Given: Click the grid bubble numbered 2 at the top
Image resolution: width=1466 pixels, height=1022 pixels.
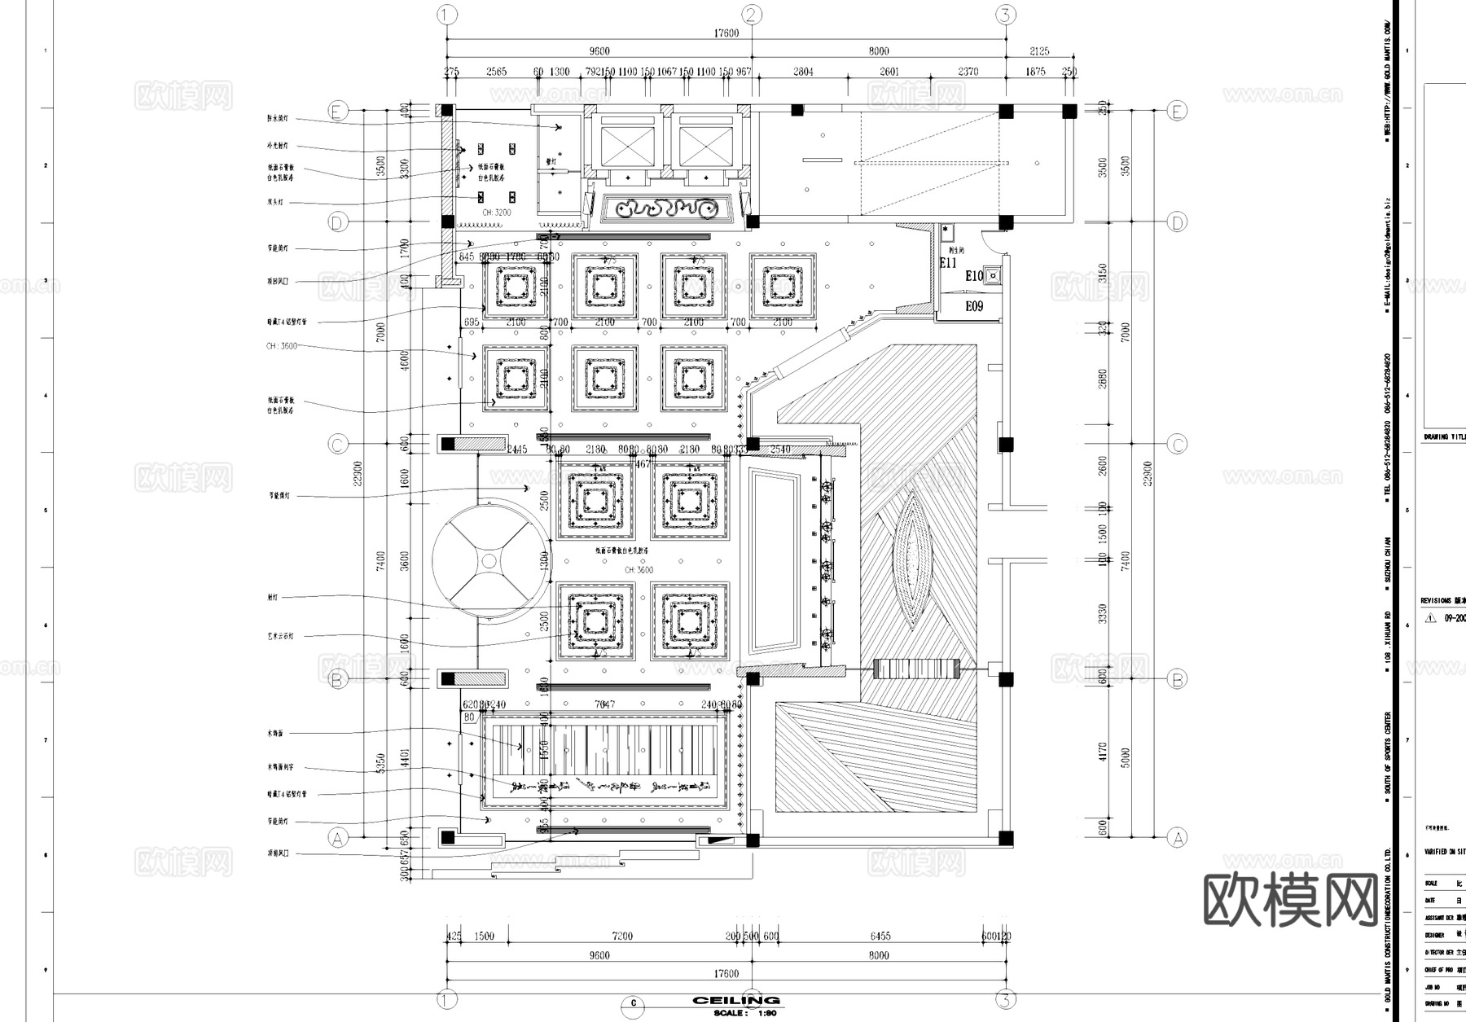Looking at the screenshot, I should (x=752, y=15).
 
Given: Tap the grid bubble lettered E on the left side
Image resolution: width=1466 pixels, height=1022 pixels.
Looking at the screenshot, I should (x=337, y=111).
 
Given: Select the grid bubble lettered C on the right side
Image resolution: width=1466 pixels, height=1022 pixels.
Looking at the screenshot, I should (x=1177, y=445).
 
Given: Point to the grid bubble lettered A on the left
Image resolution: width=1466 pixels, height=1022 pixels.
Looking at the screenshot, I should (x=337, y=837).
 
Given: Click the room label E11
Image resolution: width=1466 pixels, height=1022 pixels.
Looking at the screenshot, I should (x=948, y=263).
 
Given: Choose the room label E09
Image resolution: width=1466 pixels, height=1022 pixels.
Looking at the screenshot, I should (x=974, y=306).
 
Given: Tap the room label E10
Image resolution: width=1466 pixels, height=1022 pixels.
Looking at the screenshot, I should (x=974, y=276).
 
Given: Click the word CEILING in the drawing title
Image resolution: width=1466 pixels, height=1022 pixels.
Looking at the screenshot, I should (x=736, y=1001).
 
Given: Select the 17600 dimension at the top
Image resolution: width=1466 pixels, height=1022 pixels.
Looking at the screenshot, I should (x=726, y=33).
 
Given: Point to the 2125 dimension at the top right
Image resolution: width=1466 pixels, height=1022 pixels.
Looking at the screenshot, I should (x=1039, y=51).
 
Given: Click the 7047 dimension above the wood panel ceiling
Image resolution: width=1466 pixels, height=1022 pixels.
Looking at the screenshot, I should (x=604, y=704).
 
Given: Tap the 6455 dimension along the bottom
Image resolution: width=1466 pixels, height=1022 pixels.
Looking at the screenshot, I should (x=880, y=936).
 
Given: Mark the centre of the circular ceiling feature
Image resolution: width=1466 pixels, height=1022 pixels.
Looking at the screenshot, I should (x=489, y=560).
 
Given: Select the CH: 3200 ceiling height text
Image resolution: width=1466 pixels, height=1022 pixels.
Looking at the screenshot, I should (x=496, y=213).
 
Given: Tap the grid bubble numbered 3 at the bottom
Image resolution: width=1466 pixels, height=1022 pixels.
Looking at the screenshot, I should (x=1006, y=999).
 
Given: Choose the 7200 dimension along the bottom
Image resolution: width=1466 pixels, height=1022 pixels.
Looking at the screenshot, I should (x=622, y=936).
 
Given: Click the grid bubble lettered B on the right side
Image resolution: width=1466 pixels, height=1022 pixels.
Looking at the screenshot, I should (x=1177, y=679).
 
